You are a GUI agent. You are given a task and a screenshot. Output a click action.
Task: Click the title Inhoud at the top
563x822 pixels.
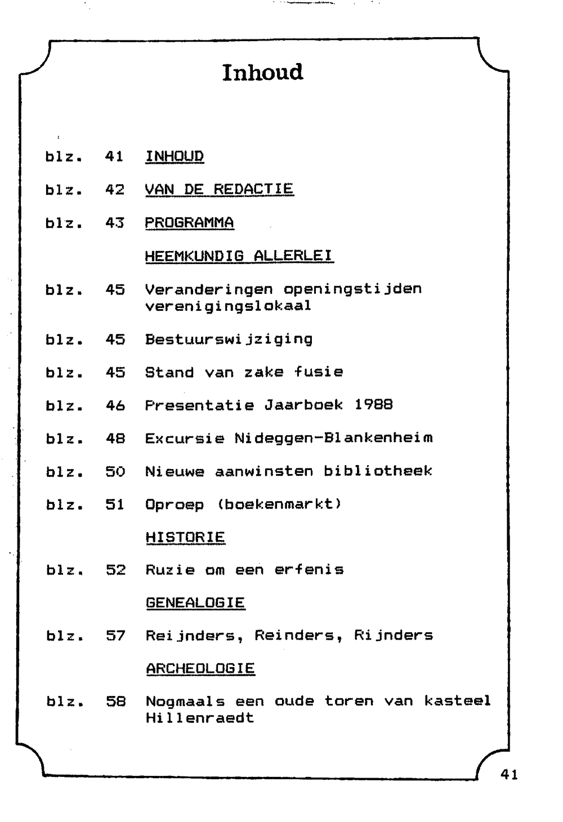[x=262, y=73]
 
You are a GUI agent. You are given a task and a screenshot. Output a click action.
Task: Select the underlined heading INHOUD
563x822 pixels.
[x=175, y=156]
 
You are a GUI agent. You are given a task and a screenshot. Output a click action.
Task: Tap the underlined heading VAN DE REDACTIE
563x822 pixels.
[x=219, y=189]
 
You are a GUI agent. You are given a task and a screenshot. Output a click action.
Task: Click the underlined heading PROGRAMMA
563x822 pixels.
[x=189, y=222]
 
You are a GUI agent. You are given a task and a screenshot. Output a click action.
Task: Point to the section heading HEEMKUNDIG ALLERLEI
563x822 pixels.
[x=239, y=256]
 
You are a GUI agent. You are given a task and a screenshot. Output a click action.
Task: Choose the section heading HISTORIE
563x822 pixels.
[x=185, y=537]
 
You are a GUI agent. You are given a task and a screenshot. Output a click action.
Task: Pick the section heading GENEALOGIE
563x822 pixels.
[x=195, y=603]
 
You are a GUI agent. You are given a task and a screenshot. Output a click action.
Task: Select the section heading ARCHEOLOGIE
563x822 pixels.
[x=200, y=669]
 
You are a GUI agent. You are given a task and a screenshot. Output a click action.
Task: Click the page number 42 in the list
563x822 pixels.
[x=115, y=190]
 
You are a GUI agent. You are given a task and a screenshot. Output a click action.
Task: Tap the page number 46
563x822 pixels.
[x=115, y=405]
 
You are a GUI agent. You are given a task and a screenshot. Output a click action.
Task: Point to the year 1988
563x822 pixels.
[x=373, y=405]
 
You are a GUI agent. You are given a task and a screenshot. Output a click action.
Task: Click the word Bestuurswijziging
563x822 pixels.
[x=229, y=339]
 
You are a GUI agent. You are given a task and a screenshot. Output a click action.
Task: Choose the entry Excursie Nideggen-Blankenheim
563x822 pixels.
[x=289, y=438]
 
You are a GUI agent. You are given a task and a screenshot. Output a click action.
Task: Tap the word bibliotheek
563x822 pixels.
[x=378, y=471]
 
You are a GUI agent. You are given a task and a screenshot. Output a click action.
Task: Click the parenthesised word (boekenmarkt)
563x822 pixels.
[x=279, y=504]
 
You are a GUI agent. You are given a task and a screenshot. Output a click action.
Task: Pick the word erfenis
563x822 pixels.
[x=309, y=570]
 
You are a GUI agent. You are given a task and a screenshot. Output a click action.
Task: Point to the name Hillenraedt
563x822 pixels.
[x=200, y=718]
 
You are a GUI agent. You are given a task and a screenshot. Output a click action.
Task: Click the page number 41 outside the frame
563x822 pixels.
[x=509, y=775]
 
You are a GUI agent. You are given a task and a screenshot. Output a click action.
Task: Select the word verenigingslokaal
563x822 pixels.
[x=228, y=306]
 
